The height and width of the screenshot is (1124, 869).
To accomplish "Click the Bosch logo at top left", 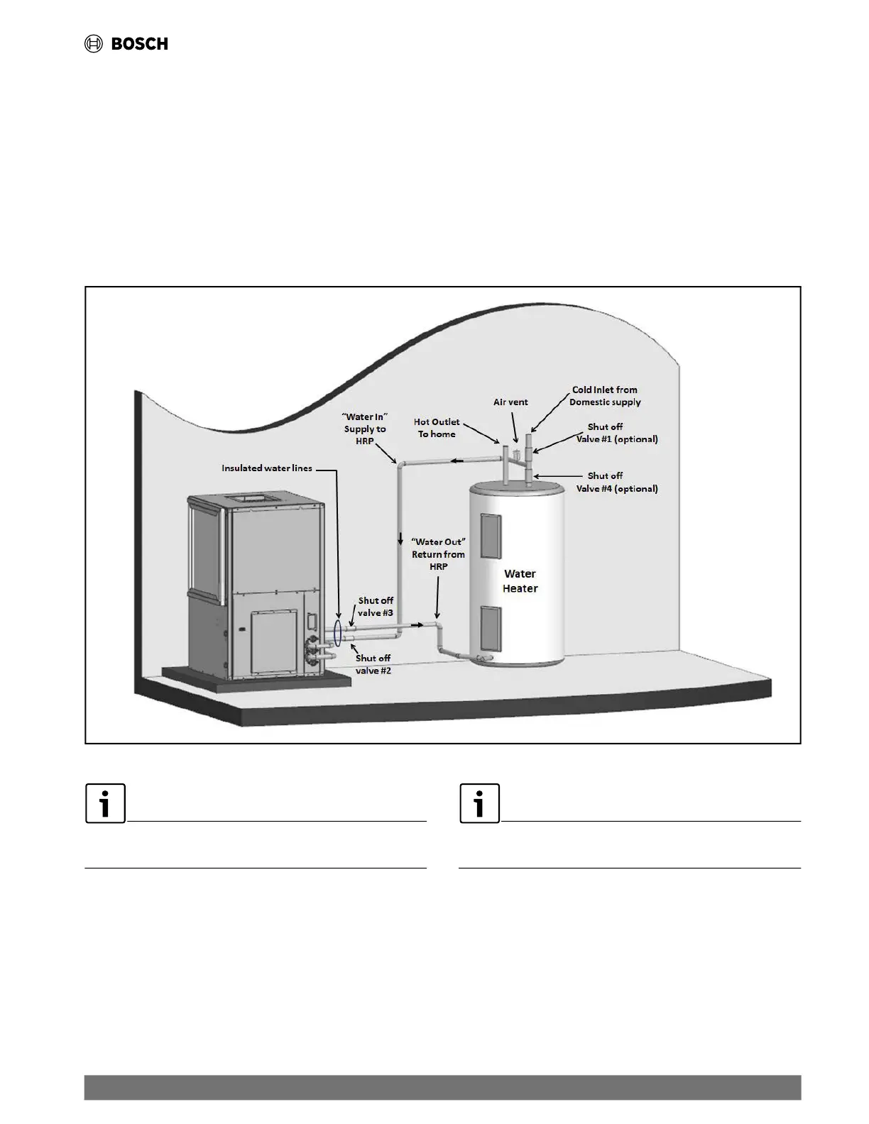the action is pyautogui.click(x=126, y=44).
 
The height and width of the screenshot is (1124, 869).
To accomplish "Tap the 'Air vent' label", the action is pyautogui.click(x=510, y=402).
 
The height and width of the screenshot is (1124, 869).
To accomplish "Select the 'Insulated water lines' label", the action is pyautogui.click(x=266, y=468).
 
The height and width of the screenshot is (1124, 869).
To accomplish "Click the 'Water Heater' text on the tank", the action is pyautogui.click(x=520, y=581).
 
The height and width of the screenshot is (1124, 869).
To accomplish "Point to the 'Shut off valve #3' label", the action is pyautogui.click(x=375, y=607).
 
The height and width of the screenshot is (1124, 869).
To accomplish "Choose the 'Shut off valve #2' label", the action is pyautogui.click(x=373, y=664).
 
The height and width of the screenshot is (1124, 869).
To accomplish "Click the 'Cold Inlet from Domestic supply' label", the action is pyautogui.click(x=605, y=396).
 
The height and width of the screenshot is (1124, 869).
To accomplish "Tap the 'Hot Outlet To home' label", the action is pyautogui.click(x=437, y=428).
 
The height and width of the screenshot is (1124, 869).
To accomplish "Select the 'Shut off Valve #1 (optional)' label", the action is pyautogui.click(x=616, y=433).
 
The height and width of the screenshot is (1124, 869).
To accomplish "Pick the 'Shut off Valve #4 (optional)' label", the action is pyautogui.click(x=616, y=482).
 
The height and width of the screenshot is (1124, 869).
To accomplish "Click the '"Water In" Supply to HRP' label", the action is pyautogui.click(x=365, y=429).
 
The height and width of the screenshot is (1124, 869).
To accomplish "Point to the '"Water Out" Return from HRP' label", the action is pyautogui.click(x=438, y=554).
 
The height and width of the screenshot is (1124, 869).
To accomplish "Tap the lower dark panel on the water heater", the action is pyautogui.click(x=491, y=628).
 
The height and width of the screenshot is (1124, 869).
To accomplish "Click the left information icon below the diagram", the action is pyautogui.click(x=105, y=803).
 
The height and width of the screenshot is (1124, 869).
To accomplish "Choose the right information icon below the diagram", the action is pyautogui.click(x=479, y=803).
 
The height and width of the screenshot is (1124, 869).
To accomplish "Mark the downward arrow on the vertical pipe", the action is pyautogui.click(x=400, y=539).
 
